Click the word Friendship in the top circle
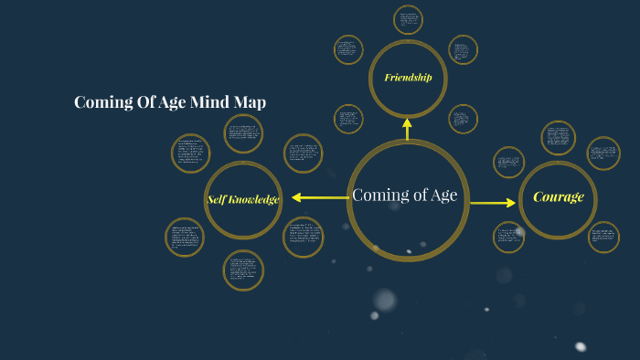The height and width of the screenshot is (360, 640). [x=408, y=78]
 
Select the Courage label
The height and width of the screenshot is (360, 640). [x=558, y=197]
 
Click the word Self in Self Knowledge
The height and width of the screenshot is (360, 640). [x=217, y=200]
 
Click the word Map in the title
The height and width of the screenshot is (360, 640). [x=249, y=102]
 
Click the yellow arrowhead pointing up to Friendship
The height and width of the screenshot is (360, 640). [x=407, y=122]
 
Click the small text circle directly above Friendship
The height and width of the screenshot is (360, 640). [x=408, y=20]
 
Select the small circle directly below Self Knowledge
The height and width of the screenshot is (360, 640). [x=243, y=270]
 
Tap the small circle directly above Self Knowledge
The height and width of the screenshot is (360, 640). [x=243, y=133]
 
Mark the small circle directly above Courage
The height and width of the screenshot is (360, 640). [x=558, y=138]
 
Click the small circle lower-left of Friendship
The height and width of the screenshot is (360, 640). [x=348, y=119]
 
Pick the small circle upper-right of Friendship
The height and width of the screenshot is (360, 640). [x=463, y=49]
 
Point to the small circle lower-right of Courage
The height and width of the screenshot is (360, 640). [x=603, y=237]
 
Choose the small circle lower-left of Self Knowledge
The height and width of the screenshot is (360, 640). [x=185, y=237]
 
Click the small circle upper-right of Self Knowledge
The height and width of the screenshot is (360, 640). [x=303, y=154]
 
